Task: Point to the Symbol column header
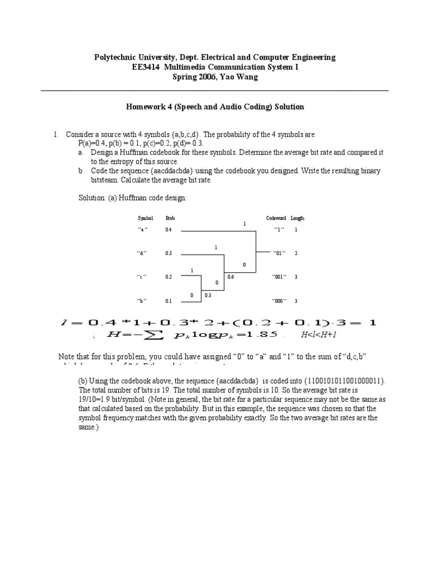point(145,218)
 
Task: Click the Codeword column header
point(276,218)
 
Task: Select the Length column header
point(297,218)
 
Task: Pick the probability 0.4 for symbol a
point(168,229)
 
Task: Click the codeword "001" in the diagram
point(279,277)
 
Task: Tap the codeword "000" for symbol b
point(279,301)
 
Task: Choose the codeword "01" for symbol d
point(279,253)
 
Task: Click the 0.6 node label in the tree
point(231,276)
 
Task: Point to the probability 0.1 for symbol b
point(168,301)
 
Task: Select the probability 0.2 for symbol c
point(168,277)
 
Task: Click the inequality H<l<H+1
point(319,335)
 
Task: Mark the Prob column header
point(170,218)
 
